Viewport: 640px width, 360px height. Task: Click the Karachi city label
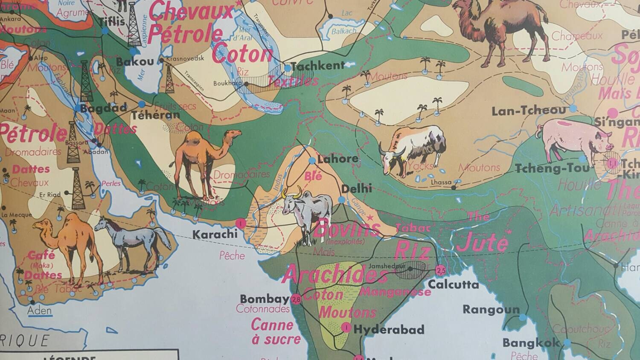click(x=215, y=234)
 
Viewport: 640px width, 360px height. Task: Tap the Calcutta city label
click(x=454, y=284)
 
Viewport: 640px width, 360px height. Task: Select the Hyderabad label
click(x=389, y=329)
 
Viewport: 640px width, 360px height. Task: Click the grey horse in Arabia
click(x=132, y=241)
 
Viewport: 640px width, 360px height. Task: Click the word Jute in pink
click(x=483, y=243)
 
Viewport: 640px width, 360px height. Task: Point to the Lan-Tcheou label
click(x=528, y=111)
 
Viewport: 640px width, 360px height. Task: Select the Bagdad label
click(x=104, y=107)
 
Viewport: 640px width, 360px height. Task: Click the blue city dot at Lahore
click(x=312, y=161)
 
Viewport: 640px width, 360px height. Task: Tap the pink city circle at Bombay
click(x=296, y=299)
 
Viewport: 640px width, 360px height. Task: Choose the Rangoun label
click(x=491, y=309)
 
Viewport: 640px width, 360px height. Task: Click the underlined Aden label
click(x=40, y=311)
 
